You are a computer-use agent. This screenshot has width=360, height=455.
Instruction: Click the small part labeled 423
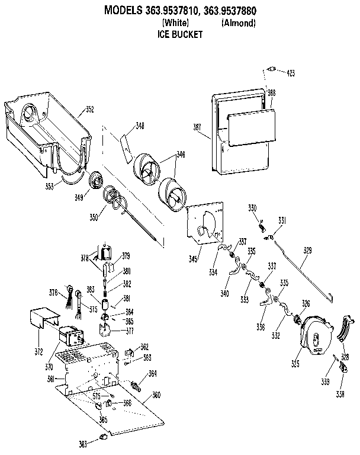tap(272, 69)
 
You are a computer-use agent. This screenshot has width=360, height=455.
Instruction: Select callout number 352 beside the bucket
tap(89, 109)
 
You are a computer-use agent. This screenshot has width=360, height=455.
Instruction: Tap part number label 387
tap(197, 127)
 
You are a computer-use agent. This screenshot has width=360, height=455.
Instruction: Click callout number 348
tap(140, 125)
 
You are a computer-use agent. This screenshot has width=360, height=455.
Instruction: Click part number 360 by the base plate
tap(156, 395)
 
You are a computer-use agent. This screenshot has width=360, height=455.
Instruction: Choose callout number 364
tap(152, 373)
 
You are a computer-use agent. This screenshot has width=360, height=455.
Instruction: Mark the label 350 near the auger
tap(94, 217)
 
